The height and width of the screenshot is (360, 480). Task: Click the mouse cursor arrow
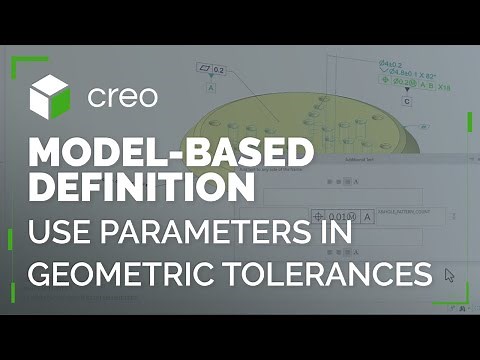tap(449, 274)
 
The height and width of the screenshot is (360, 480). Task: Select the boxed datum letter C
tap(408, 102)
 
